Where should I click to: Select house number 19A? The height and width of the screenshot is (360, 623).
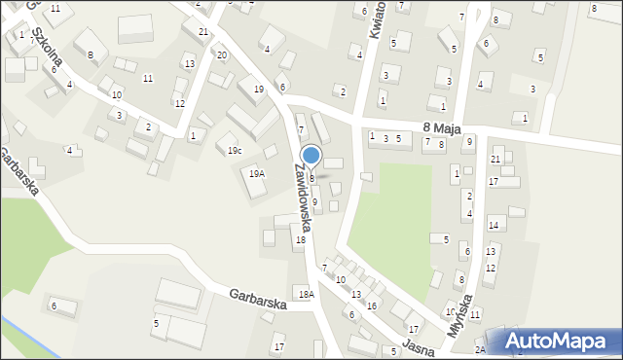pos(256,173)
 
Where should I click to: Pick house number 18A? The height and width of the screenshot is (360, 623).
pos(307,294)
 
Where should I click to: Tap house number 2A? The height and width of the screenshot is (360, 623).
pos(480,349)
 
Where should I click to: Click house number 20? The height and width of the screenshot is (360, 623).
pos(222,54)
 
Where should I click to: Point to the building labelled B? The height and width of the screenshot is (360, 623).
pos(91,55)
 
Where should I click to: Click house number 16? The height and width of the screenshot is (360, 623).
pos(371,306)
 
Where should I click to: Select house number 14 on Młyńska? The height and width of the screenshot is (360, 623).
pos(494,225)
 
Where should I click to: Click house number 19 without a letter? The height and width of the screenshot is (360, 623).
pos(258,90)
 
